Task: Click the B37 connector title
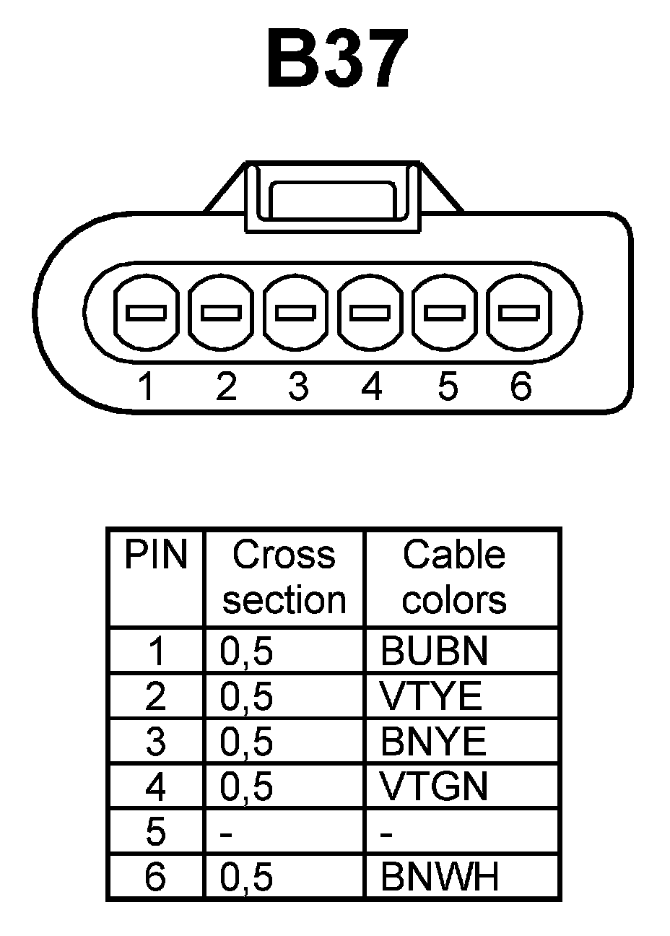pos(334,59)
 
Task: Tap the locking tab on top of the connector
pos(332,196)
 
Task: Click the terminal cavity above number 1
pos(147,313)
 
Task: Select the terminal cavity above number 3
pos(296,313)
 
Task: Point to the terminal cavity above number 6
pos(519,313)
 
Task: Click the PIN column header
pos(155,555)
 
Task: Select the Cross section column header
pos(284,577)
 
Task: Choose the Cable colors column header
pos(453,577)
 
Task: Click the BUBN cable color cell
pos(434,651)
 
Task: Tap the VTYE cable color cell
pos(431,696)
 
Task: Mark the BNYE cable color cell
pos(433,742)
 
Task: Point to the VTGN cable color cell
pos(434,787)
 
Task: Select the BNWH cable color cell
pos(440,877)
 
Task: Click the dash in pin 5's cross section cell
pos(227,834)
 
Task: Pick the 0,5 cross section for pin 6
pos(246,877)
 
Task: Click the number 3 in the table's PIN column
pos(155,742)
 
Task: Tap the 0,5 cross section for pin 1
pos(246,651)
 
